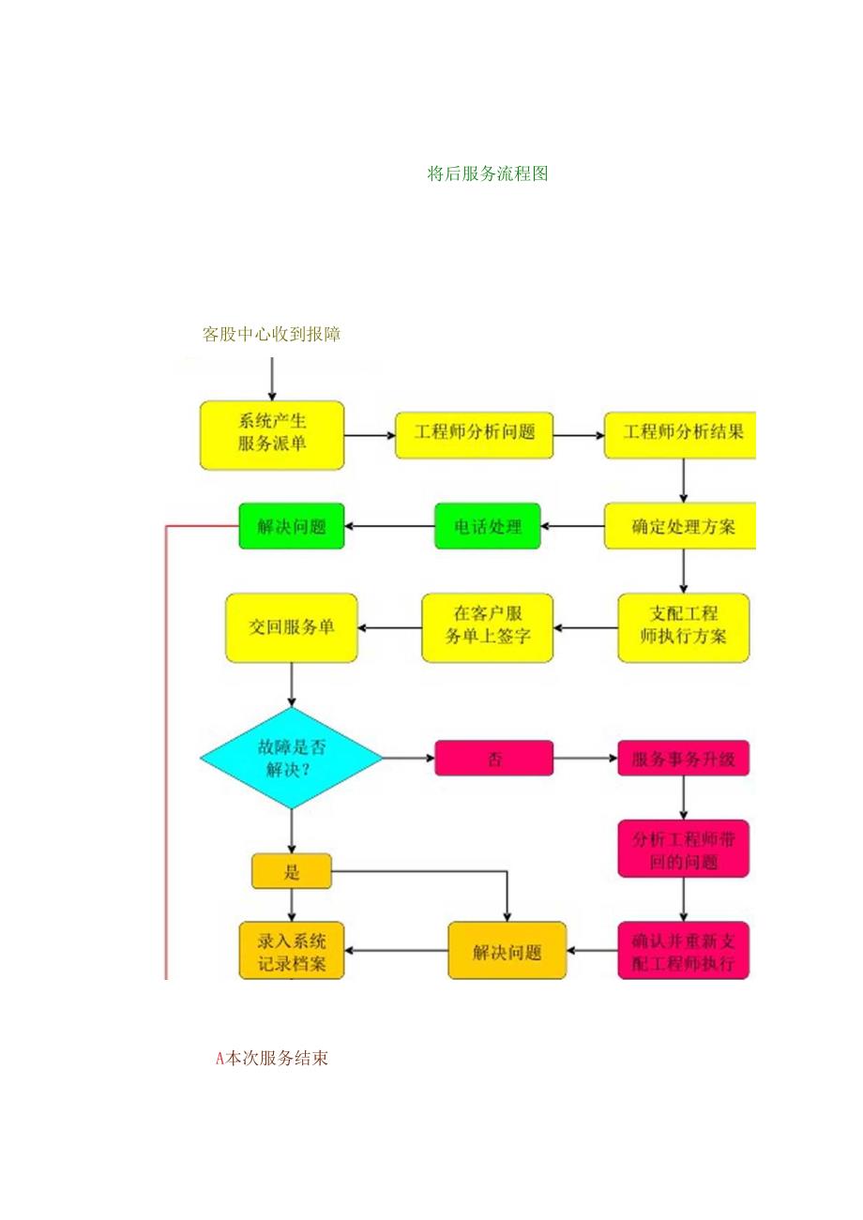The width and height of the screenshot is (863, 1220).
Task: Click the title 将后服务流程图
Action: pyautogui.click(x=487, y=173)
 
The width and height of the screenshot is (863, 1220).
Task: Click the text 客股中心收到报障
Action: pyautogui.click(x=271, y=335)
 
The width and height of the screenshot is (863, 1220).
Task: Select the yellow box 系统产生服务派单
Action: pyautogui.click(x=272, y=435)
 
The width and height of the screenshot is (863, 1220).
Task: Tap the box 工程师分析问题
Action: pyautogui.click(x=474, y=434)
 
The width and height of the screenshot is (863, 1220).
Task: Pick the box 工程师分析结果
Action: pyautogui.click(x=680, y=434)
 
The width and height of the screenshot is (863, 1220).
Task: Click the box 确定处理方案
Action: pyautogui.click(x=680, y=526)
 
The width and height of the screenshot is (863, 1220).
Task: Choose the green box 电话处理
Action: pyautogui.click(x=488, y=526)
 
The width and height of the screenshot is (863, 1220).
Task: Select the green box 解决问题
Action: pyautogui.click(x=291, y=526)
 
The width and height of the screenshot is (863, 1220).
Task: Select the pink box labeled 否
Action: pyautogui.click(x=493, y=758)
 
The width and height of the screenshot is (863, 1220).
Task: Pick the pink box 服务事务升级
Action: pyautogui.click(x=683, y=758)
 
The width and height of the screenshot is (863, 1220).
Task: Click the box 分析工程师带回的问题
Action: pyautogui.click(x=683, y=849)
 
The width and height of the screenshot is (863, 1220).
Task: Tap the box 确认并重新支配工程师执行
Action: pyautogui.click(x=683, y=951)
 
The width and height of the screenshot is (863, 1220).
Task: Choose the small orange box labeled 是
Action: pyautogui.click(x=291, y=871)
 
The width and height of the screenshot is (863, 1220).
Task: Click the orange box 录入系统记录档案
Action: pyautogui.click(x=291, y=951)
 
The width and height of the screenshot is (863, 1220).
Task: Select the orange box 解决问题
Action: pyautogui.click(x=507, y=951)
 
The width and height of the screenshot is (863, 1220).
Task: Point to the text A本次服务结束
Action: pyautogui.click(x=272, y=1059)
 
